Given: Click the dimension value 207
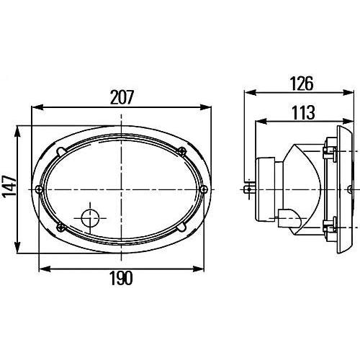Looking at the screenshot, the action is click(122, 97).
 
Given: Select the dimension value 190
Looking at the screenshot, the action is click(121, 278).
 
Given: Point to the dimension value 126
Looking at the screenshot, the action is click(302, 84).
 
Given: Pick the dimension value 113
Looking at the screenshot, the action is click(303, 112).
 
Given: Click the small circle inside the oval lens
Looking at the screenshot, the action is click(90, 218).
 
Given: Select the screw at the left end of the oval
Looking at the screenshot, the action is click(39, 189).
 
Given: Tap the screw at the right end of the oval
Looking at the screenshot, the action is click(204, 189).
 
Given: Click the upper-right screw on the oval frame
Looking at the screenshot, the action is click(182, 151).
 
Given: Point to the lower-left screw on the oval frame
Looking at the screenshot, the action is click(60, 227).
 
